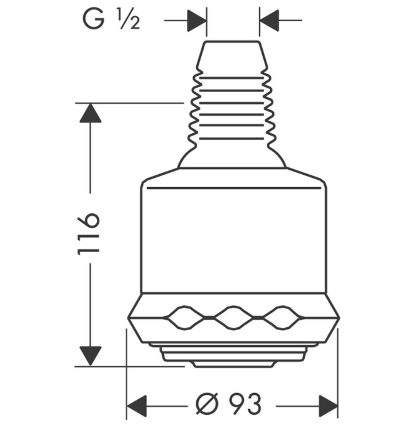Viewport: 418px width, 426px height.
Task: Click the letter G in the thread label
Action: coord(93,19)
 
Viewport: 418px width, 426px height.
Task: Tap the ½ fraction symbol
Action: coord(129,19)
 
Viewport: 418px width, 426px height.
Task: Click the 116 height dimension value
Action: coord(89,234)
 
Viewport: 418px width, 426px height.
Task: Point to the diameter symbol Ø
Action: coord(207,404)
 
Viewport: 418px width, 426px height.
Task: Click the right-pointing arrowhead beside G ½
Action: coord(196,21)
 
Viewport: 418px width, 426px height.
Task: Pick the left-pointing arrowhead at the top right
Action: coord(270,21)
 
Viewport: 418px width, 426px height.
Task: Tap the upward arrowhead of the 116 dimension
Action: coord(90,113)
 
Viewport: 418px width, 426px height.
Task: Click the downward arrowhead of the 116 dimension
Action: coord(90,356)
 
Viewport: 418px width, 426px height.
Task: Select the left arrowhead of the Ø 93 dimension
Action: coord(137,406)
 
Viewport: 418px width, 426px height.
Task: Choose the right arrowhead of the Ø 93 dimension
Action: coord(329,406)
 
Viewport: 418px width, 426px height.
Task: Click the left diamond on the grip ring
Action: coord(184,317)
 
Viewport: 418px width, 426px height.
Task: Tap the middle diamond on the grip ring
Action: coord(234,317)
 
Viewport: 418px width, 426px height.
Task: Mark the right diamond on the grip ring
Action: coord(283,317)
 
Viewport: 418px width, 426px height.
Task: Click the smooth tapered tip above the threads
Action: coord(232,54)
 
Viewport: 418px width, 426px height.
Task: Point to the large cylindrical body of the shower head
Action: coord(234,239)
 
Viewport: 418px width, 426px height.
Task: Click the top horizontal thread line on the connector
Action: coord(232,78)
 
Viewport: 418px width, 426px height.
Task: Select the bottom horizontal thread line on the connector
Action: coord(232,139)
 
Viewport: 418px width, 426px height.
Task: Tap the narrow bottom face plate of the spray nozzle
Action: coord(234,364)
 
